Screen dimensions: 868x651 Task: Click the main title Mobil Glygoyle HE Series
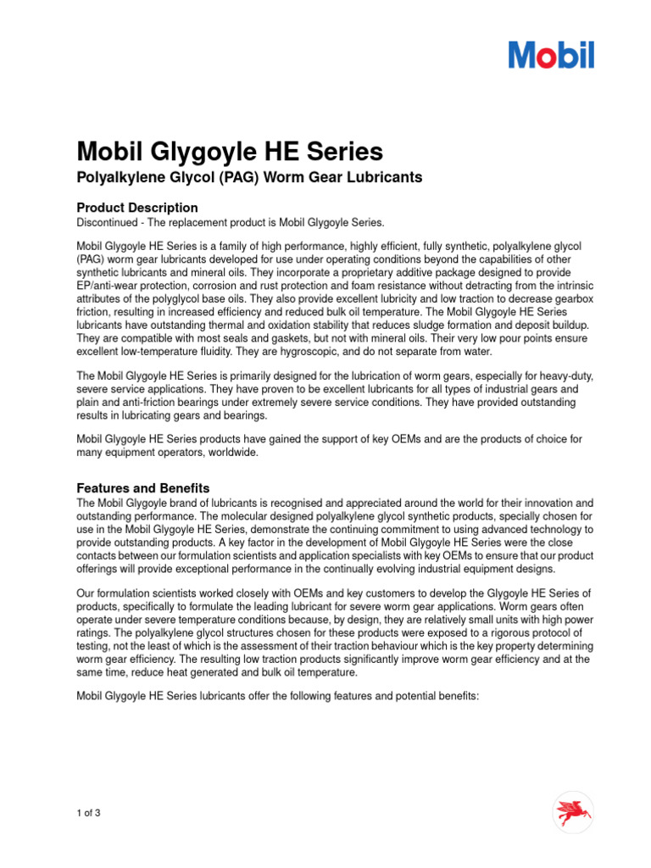click(230, 152)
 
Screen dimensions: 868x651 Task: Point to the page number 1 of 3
click(89, 814)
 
